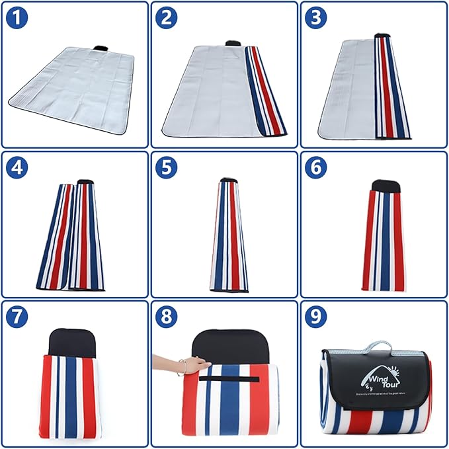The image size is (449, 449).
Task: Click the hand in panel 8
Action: [x=196, y=364]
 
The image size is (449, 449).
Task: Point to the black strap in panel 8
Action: [x=229, y=379]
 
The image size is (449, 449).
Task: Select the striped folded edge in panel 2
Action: [x=265, y=89]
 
